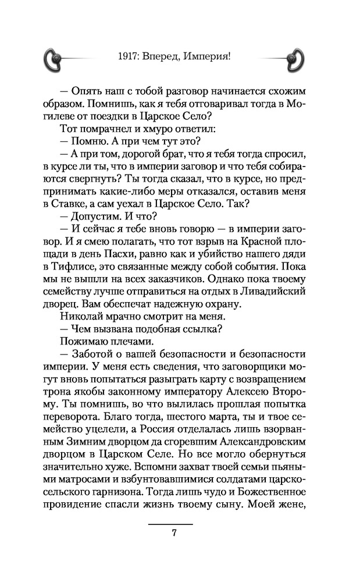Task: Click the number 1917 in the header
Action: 127,56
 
